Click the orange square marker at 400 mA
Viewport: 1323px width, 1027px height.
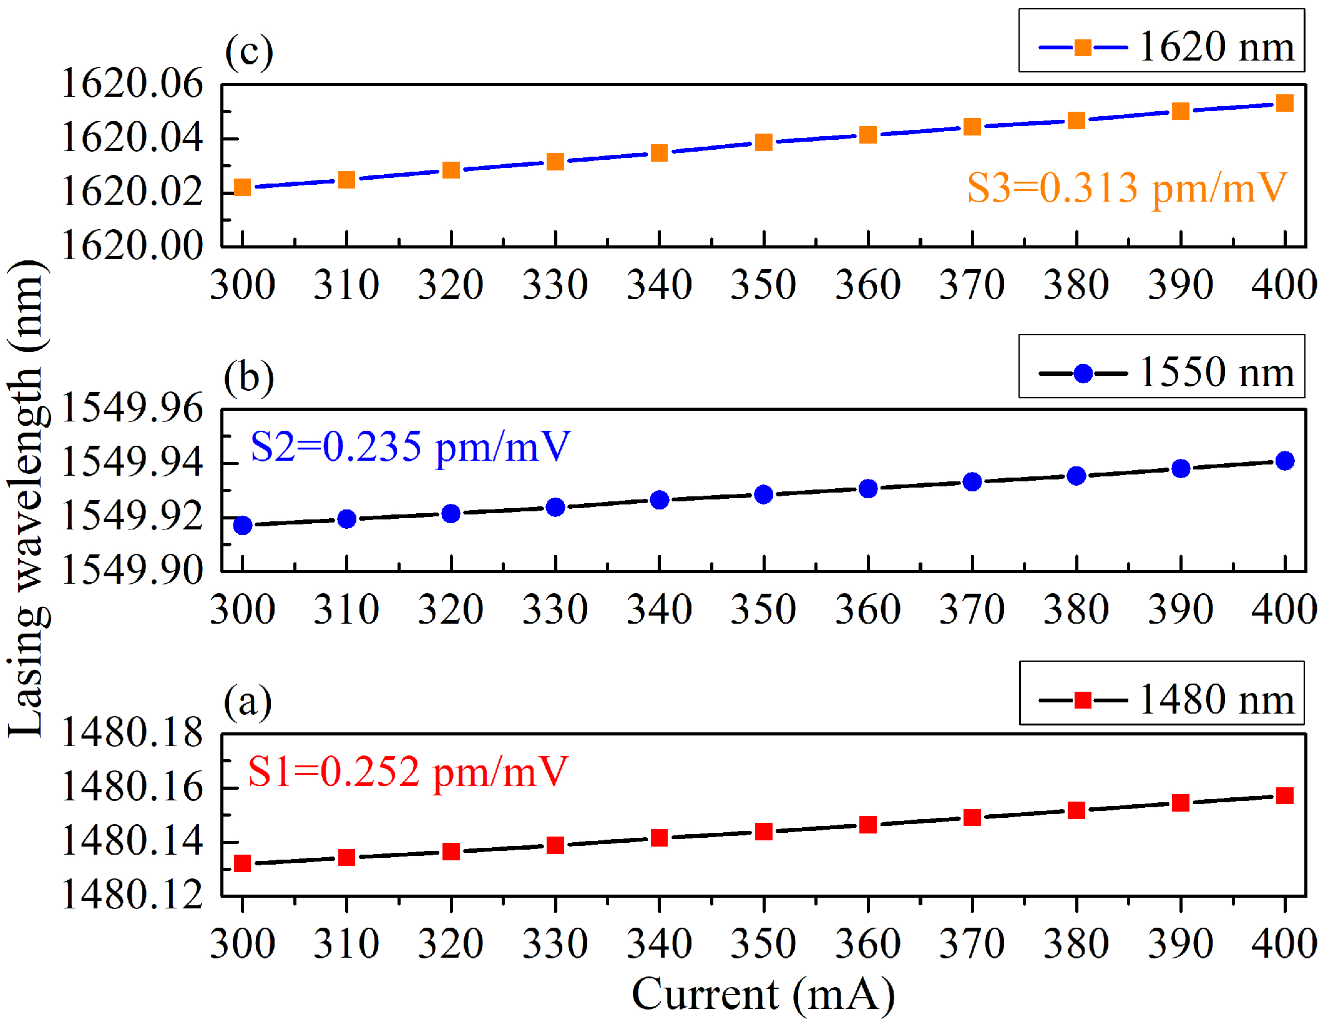[1284, 103]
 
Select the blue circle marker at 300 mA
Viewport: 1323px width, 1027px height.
[242, 525]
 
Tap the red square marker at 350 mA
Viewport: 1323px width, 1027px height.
[763, 832]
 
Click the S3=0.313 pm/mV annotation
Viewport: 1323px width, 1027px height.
[1126, 187]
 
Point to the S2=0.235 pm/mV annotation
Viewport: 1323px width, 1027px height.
[410, 447]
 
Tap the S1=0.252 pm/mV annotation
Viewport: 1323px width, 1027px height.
[408, 772]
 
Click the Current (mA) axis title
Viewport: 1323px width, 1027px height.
[763, 994]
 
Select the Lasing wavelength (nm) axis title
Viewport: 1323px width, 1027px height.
[26, 498]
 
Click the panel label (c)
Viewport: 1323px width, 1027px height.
[248, 52]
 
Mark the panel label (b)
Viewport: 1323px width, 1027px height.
[248, 378]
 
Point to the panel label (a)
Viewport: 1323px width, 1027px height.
[248, 702]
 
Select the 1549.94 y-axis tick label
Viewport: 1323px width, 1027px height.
[132, 463]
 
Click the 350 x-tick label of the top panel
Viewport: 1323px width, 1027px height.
[763, 285]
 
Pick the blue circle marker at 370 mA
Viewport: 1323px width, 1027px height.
[972, 482]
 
